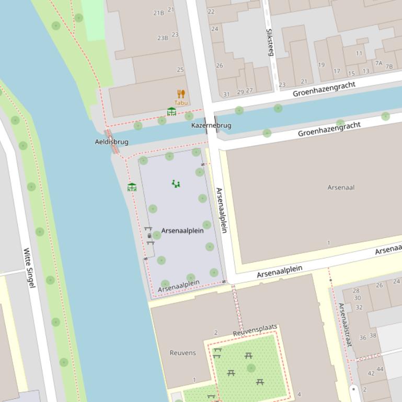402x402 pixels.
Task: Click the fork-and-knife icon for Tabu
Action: [181, 94]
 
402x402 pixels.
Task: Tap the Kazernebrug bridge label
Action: [211, 126]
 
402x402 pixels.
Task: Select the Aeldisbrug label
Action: [111, 142]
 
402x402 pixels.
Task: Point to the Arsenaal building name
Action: [341, 187]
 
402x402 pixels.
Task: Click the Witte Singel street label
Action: [30, 268]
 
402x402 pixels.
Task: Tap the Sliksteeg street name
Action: [270, 42]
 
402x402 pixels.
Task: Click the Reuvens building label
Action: [183, 353]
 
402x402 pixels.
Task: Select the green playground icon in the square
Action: [176, 184]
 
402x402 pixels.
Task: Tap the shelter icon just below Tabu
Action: [171, 112]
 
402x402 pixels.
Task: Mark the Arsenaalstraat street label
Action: [344, 325]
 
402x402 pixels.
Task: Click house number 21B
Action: [158, 13]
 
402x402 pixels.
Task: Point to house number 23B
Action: [163, 38]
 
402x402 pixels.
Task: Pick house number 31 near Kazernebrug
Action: [226, 94]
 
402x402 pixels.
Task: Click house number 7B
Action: [389, 67]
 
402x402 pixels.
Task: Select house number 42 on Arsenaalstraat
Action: [371, 373]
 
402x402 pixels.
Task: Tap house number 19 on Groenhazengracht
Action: [321, 65]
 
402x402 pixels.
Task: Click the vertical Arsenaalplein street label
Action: [221, 210]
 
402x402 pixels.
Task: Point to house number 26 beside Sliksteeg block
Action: [220, 66]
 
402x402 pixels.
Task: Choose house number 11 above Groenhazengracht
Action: [359, 53]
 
